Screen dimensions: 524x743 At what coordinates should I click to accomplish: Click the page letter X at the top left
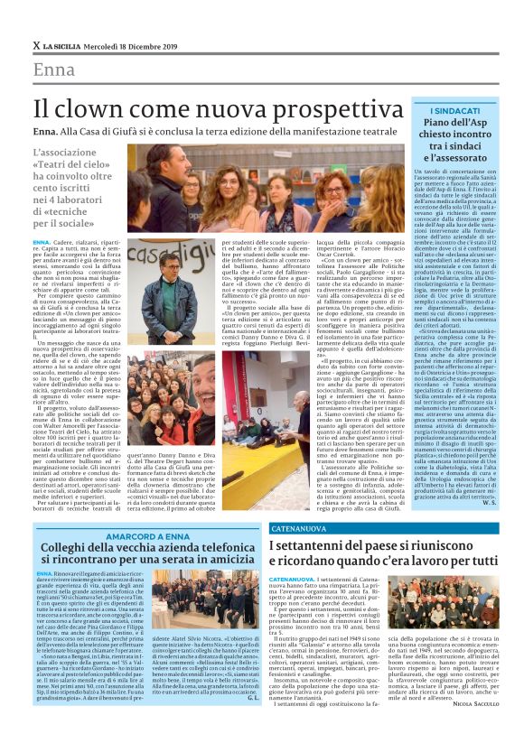(x=36, y=45)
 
